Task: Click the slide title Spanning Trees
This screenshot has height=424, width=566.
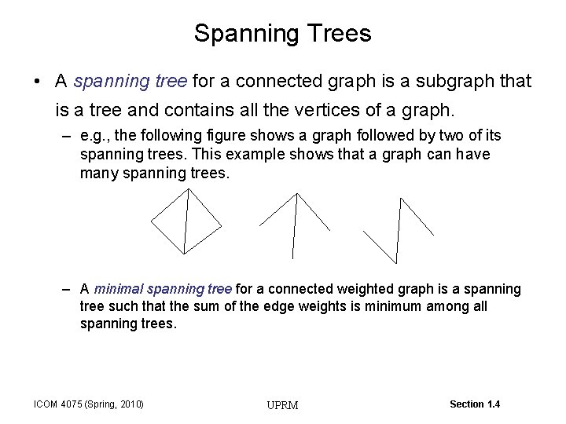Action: pyautogui.click(x=282, y=34)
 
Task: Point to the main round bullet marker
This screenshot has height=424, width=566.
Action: pyautogui.click(x=39, y=82)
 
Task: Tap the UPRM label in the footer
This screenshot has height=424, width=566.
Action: pyautogui.click(x=282, y=405)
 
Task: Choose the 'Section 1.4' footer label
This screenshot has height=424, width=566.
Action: pyautogui.click(x=474, y=404)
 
